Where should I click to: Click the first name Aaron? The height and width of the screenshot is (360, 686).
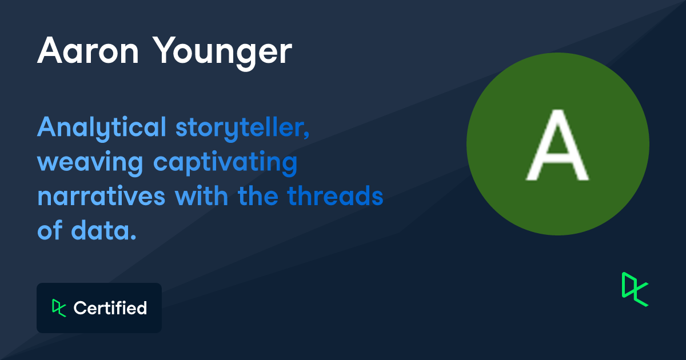tap(88, 50)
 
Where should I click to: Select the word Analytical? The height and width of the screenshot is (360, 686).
tap(102, 128)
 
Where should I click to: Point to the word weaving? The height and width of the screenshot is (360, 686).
tap(90, 163)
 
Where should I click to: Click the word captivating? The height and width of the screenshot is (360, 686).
tap(225, 163)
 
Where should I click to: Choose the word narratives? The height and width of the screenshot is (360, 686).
tap(101, 196)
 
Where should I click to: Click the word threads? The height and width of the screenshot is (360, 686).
tap(335, 195)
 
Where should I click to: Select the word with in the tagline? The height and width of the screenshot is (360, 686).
tap(201, 195)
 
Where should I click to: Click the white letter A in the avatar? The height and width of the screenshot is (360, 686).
tap(557, 145)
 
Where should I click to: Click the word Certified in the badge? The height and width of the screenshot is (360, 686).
tap(110, 307)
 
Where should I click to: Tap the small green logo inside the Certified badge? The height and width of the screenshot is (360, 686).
tap(59, 308)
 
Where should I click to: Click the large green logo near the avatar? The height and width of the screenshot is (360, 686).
tap(635, 289)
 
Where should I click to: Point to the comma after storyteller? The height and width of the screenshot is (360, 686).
tap(307, 135)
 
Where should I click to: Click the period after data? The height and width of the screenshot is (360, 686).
tap(133, 237)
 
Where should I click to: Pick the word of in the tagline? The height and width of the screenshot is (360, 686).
tap(50, 230)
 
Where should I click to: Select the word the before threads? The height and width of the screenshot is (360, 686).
tap(258, 195)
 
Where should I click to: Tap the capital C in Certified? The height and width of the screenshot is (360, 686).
tap(81, 308)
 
